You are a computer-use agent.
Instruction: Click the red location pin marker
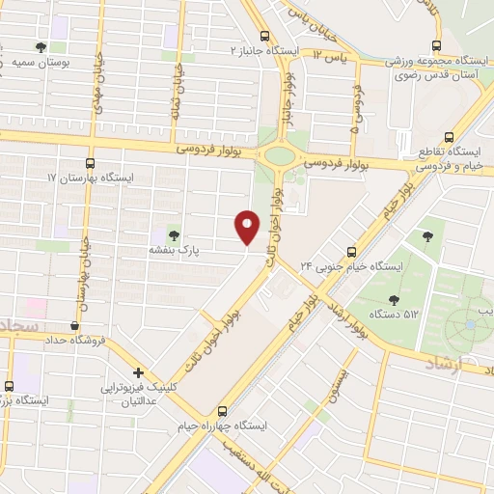[248, 226]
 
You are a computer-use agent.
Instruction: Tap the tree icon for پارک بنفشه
[174, 233]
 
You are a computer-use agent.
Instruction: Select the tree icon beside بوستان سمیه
[41, 46]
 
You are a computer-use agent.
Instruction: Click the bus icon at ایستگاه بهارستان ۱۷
[91, 163]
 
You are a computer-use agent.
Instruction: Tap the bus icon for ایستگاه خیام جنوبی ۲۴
[351, 251]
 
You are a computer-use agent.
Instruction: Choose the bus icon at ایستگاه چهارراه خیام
[223, 409]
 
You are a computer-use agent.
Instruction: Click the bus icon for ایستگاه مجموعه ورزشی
[436, 45]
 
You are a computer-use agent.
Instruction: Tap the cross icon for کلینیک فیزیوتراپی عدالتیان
[139, 372]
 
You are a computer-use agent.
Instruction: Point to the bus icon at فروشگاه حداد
[75, 326]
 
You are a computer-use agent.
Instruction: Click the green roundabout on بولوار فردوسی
[280, 154]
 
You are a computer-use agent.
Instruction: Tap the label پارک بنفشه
[174, 249]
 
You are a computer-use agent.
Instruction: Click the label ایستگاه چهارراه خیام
[224, 425]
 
